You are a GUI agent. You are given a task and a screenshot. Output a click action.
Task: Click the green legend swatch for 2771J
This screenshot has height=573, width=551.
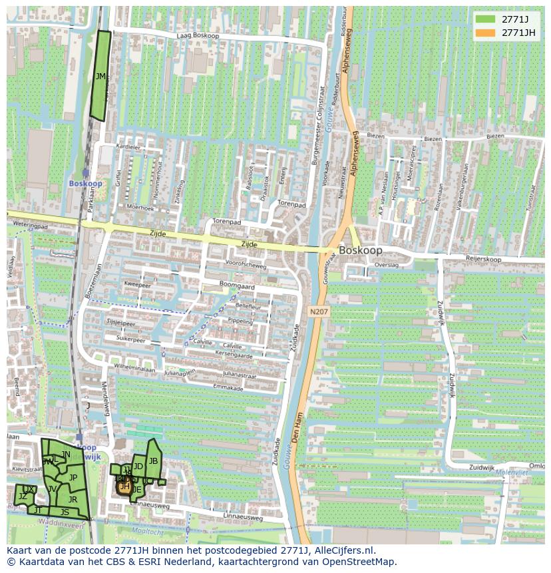coord(486,19)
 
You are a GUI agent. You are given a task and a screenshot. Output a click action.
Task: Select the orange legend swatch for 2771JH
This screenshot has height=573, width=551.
coord(486,33)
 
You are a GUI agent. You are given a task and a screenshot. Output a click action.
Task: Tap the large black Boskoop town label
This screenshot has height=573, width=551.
coord(360,251)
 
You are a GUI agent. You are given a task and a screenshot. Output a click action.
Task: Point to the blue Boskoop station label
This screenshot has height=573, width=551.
coord(85,183)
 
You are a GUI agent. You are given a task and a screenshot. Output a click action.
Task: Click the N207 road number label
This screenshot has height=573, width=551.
coord(318,311)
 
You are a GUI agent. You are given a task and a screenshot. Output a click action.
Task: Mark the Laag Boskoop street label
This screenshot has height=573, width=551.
coord(198,36)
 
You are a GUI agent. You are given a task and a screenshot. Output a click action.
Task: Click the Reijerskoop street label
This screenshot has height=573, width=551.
coord(483,258)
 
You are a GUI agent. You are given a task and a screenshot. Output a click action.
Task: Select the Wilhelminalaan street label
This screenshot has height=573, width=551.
coord(134,367)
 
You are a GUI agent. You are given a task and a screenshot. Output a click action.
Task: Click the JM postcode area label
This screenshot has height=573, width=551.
coord(100,77)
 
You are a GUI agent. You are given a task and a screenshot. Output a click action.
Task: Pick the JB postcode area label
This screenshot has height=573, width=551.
coord(153,461)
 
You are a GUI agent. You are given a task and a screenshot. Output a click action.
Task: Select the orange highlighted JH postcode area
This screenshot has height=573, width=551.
coord(124,486)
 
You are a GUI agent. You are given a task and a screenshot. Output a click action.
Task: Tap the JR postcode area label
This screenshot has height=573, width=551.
coord(73,499)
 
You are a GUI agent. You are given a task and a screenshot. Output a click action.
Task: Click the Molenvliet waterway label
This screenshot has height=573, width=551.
coord(511,473)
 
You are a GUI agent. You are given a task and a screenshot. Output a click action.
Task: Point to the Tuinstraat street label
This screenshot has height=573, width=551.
coord(530,197)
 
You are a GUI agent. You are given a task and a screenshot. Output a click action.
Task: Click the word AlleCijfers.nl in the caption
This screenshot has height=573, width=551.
coord(345,551)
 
